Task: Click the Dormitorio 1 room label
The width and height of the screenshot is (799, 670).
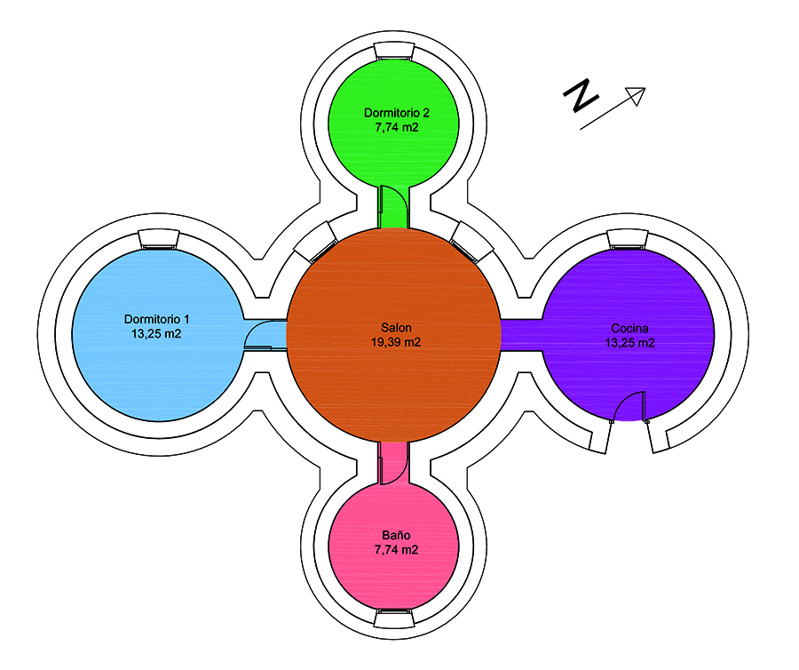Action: coord(157,318)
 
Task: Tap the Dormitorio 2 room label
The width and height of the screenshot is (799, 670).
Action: coord(397,113)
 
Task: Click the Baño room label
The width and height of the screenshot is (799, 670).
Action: coord(396,536)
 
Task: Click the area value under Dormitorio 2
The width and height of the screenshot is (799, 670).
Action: coord(397,127)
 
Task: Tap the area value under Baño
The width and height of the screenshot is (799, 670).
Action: coord(396,550)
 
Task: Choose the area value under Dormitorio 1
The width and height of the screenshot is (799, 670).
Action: coord(157,333)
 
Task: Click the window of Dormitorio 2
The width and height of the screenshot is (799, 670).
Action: coord(395,55)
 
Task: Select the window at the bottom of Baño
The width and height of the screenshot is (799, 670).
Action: coord(395,615)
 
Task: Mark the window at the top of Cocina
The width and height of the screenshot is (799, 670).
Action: coord(629,239)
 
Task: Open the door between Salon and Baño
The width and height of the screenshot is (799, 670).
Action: coord(393,462)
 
